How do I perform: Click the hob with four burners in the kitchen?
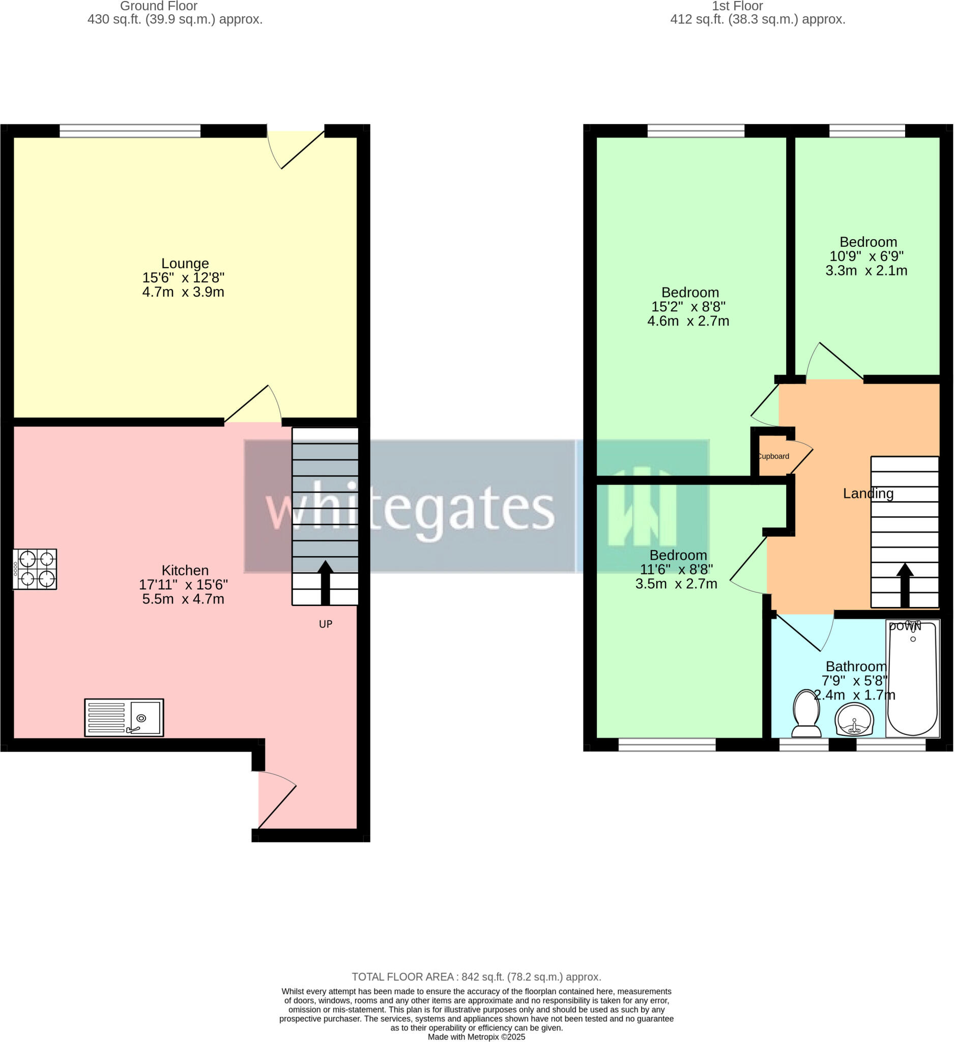pyautogui.click(x=35, y=569)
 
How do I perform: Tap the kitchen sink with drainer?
pyautogui.click(x=124, y=717)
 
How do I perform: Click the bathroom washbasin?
pyautogui.click(x=854, y=719)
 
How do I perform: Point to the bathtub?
pyautogui.click(x=912, y=679)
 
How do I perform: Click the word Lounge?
pyautogui.click(x=185, y=264)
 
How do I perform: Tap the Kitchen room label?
pyautogui.click(x=185, y=570)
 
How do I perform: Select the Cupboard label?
pyautogui.click(x=773, y=456)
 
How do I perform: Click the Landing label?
pyautogui.click(x=868, y=494)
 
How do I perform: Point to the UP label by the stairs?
pyautogui.click(x=326, y=624)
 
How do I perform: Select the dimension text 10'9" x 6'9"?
pyautogui.click(x=866, y=256)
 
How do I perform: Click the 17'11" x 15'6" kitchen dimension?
pyautogui.click(x=184, y=585)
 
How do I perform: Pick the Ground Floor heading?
pyautogui.click(x=159, y=6)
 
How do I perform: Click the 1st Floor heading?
pyautogui.click(x=737, y=6)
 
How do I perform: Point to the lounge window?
pyautogui.click(x=130, y=131)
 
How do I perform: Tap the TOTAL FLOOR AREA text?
pyautogui.click(x=476, y=977)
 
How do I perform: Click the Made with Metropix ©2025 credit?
pyautogui.click(x=476, y=1037)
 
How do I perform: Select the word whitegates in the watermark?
pyautogui.click(x=410, y=509)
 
